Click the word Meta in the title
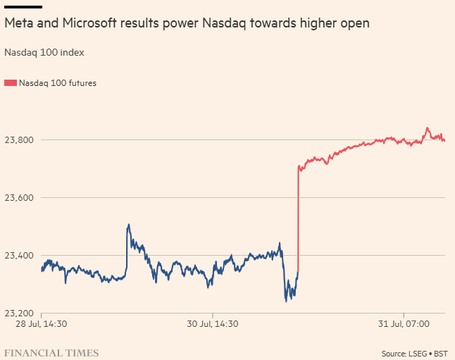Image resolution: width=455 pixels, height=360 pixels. tap(18, 24)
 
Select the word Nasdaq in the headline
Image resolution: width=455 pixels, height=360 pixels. tap(223, 24)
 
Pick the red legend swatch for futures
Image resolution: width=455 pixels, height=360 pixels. tap(11, 83)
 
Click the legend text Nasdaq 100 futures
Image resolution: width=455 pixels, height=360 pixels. tap(58, 83)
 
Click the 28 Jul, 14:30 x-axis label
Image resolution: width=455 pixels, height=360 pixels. tap(42, 324)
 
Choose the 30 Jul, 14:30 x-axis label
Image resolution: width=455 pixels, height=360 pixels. tap(212, 324)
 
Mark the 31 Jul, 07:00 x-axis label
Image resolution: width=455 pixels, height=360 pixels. tap(404, 324)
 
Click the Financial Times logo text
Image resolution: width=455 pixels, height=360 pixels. tap(51, 352)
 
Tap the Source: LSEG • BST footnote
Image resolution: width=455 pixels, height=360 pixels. tap(415, 353)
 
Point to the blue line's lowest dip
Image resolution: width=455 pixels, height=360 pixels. tap(286, 301)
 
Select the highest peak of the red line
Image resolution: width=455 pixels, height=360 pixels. tap(427, 128)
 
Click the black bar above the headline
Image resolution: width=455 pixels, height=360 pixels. tap(23, 6)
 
